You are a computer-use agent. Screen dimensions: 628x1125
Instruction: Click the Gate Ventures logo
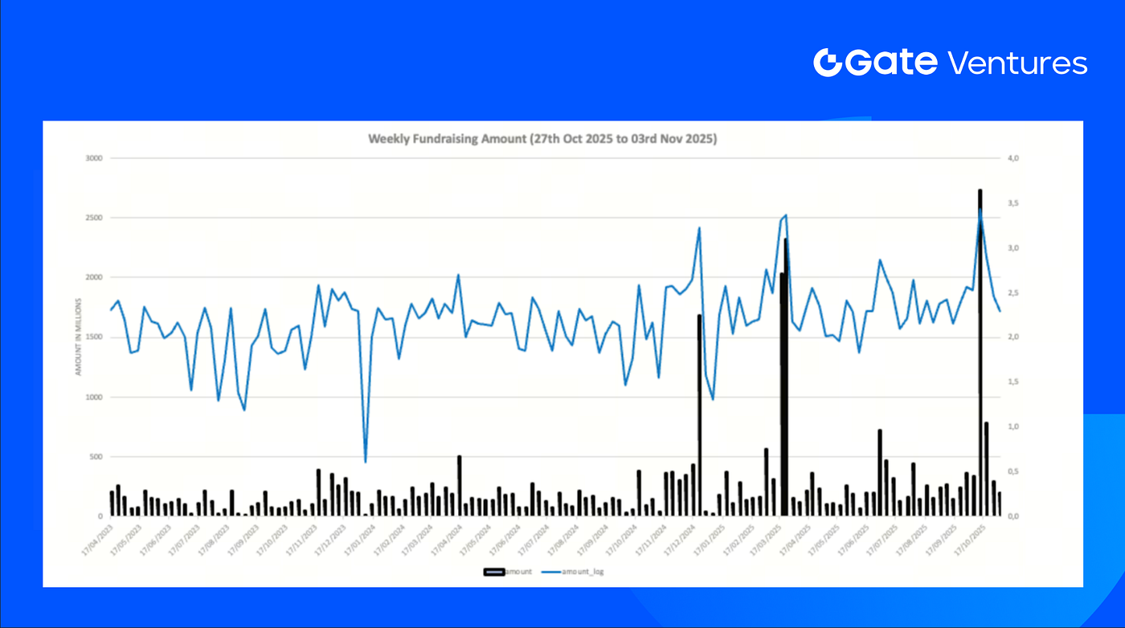(950, 63)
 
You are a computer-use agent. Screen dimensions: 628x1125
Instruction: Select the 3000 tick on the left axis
(95, 158)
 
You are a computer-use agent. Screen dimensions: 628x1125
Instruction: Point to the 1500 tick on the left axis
(95, 337)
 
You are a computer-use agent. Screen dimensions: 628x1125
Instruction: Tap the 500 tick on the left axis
(96, 456)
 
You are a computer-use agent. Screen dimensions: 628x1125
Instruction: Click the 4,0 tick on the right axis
(1013, 158)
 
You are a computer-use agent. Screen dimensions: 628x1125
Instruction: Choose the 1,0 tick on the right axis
(1013, 426)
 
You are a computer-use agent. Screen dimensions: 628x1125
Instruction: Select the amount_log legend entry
(577, 571)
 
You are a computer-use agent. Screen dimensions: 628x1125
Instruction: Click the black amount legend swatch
(493, 571)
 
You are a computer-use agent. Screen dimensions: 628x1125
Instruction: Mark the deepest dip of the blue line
(366, 462)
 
